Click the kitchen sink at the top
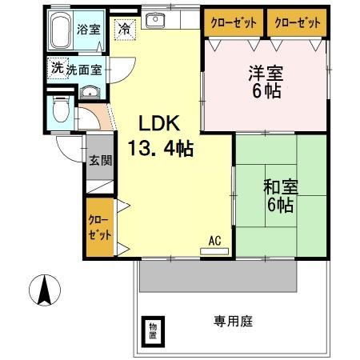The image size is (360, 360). [157, 21]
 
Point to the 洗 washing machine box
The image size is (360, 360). [56, 68]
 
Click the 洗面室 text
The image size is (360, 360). [83, 70]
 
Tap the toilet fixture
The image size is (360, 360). [60, 110]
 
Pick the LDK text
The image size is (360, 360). [160, 124]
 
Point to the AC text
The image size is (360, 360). [214, 239]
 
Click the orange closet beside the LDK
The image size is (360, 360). [100, 230]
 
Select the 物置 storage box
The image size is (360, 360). [152, 330]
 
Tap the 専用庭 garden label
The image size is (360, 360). [233, 322]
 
